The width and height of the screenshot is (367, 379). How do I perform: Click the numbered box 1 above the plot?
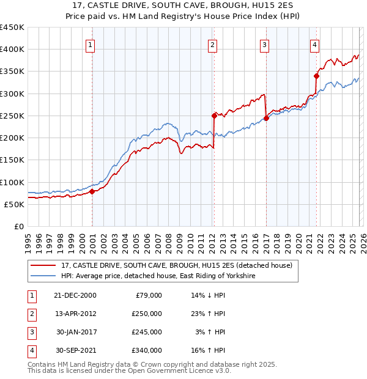pyautogui.click(x=90, y=44)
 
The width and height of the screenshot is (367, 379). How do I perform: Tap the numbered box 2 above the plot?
pyautogui.click(x=212, y=44)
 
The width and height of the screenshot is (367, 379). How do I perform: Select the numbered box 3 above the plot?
pyautogui.click(x=264, y=44)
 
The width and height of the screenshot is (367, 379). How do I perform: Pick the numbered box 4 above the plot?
pyautogui.click(x=314, y=44)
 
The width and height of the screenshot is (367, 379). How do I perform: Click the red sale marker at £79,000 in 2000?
pyautogui.click(x=92, y=191)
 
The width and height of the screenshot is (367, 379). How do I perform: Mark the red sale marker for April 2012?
pyautogui.click(x=214, y=116)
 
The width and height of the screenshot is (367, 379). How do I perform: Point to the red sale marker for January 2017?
pyautogui.click(x=266, y=118)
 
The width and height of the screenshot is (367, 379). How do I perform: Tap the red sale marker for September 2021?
pyautogui.click(x=316, y=76)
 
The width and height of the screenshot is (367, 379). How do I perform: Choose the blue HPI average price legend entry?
pyautogui.click(x=158, y=276)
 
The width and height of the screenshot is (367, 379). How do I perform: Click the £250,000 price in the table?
pyautogui.click(x=147, y=314)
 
